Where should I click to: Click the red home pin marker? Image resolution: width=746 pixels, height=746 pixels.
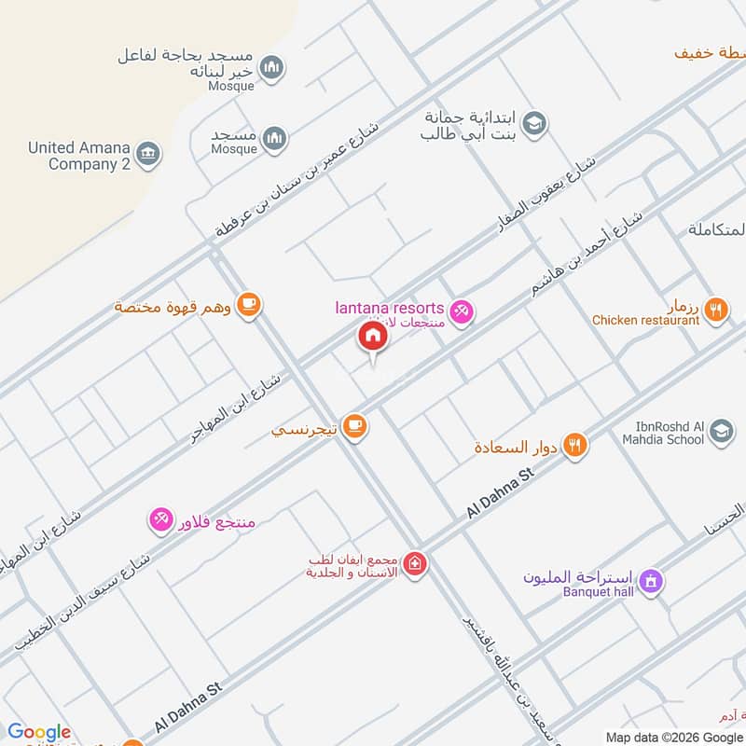coord(372,336)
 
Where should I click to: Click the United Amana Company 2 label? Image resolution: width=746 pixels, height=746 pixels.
coord(78,156)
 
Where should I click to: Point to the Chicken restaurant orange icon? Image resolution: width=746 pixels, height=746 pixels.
coord(715,310)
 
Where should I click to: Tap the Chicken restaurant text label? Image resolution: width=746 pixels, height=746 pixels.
coord(645,321)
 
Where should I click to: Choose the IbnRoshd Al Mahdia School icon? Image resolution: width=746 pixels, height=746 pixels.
coord(721,431)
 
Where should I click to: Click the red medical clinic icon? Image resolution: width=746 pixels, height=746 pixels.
coord(415,565)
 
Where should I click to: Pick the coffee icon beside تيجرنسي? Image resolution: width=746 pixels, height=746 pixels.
coord(354,426)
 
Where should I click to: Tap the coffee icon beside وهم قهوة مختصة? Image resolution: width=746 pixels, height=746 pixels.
coord(248,304)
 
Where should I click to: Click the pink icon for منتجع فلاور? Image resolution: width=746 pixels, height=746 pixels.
coord(160,519)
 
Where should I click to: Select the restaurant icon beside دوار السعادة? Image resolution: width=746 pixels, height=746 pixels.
coord(576,446)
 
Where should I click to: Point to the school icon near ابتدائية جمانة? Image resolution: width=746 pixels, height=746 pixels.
coord(534,123)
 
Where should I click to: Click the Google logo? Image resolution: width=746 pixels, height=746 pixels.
coord(38,732)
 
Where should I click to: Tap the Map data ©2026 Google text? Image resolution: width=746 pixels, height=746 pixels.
coord(674,737)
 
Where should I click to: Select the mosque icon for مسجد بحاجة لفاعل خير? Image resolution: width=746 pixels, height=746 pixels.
coord(272,67)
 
